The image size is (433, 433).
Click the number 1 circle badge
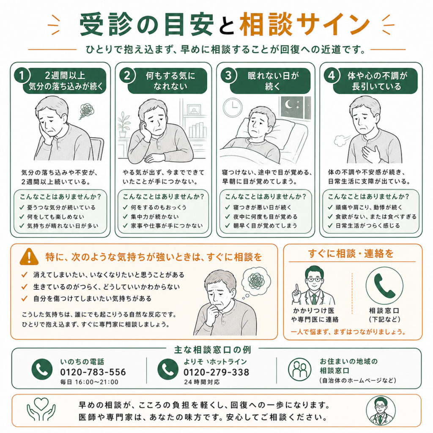(22, 75)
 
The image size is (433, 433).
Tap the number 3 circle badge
(228, 75)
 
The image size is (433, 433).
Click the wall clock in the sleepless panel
(233, 107)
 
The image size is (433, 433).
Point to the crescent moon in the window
(288, 104)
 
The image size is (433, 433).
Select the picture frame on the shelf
(194, 110)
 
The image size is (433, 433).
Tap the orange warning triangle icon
(29, 257)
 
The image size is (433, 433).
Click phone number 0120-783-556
(93, 372)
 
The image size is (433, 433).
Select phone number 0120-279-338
(216, 372)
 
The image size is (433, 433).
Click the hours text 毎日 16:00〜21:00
(89, 382)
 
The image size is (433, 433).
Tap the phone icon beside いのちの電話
(42, 369)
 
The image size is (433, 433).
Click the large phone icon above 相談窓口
(384, 285)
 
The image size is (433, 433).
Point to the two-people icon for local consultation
(300, 370)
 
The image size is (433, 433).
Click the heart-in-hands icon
(41, 409)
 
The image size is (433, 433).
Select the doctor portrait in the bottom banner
(381, 411)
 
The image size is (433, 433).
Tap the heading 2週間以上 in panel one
(65, 75)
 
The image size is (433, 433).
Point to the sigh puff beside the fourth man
(341, 140)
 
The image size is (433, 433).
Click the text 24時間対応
(202, 382)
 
